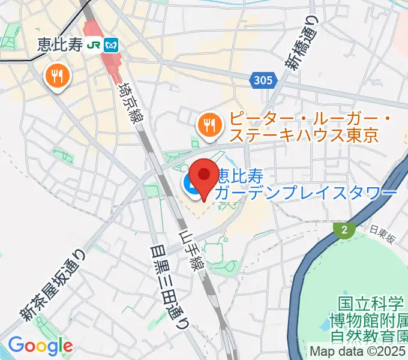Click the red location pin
coord(205,176)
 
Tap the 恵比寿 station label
coord(59,44)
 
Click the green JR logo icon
coord(94,44)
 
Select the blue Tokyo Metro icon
coord(111,44)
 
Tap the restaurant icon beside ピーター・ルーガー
coord(209,125)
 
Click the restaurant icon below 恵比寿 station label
coord(58,76)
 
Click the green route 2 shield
coord(344,230)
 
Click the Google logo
coord(40,346)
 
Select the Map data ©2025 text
coord(358,351)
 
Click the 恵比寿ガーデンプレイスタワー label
coord(306,184)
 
